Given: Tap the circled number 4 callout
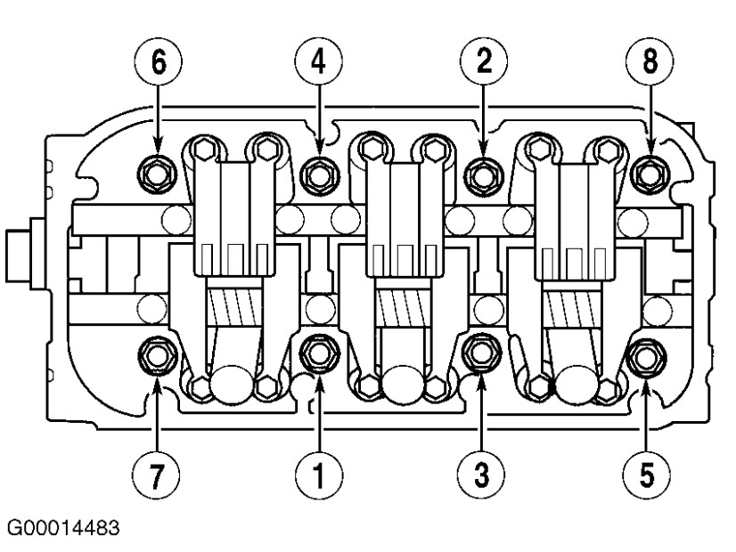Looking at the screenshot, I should click(318, 65).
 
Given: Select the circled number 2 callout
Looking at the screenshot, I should click(482, 65).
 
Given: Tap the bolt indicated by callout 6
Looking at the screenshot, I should click(159, 172).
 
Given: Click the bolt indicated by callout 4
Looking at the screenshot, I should click(317, 172).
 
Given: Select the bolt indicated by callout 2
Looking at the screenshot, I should click(482, 172).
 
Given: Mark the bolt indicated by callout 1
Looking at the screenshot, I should click(317, 355).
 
